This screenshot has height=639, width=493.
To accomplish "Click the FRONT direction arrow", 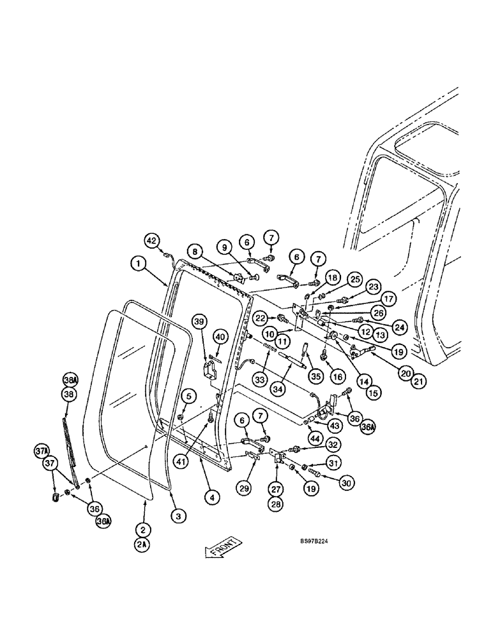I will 223,548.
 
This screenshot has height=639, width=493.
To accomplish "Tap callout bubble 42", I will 151,241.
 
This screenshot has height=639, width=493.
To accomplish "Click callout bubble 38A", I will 70,379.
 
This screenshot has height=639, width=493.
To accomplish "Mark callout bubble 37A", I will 42,452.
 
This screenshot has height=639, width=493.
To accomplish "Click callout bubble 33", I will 259,379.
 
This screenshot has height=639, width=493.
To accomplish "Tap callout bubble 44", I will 315,439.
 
